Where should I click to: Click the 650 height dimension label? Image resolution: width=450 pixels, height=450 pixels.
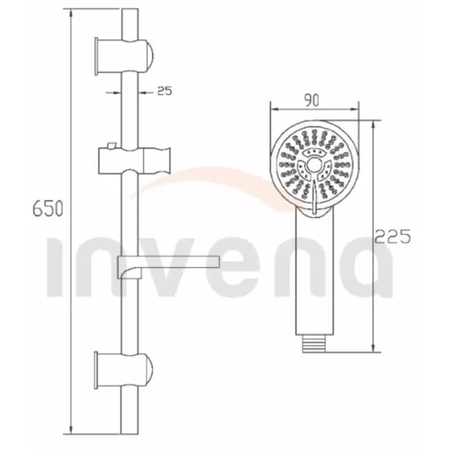pyautogui.click(x=47, y=208)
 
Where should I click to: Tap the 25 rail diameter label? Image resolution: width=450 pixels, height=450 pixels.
pyautogui.click(x=164, y=91)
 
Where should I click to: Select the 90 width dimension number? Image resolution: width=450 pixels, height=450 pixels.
pyautogui.click(x=311, y=100)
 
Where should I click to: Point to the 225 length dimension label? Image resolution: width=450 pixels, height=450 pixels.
pyautogui.click(x=393, y=236)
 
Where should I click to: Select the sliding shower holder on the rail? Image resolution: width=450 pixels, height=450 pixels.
pyautogui.click(x=134, y=161)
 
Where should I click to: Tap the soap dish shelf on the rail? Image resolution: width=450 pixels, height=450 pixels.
pyautogui.click(x=168, y=265)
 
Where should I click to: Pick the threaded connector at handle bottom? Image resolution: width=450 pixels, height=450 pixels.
pyautogui.click(x=315, y=344)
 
